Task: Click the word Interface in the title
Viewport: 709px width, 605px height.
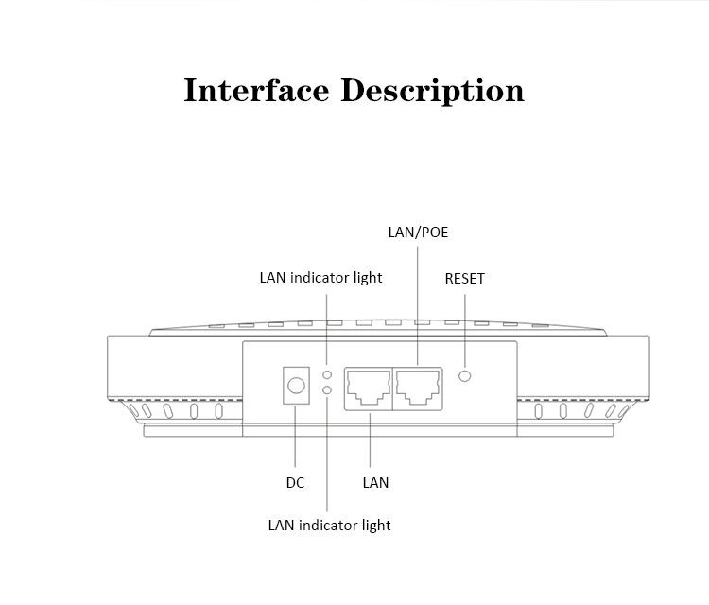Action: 256,90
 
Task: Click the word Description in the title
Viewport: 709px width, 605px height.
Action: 432,92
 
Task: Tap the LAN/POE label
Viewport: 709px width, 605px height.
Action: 418,233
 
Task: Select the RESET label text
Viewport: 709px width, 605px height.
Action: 465,279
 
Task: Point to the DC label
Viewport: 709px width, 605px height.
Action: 295,483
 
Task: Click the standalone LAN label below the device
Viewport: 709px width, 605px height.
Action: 375,483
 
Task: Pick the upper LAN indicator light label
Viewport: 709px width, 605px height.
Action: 320,278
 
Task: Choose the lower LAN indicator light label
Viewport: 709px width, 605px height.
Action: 329,526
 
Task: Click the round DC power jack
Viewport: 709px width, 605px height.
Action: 296,386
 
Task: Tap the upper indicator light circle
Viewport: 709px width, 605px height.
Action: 327,375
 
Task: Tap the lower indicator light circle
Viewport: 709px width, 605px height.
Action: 327,389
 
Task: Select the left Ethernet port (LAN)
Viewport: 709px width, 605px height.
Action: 369,389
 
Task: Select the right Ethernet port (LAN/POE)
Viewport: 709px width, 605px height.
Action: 418,389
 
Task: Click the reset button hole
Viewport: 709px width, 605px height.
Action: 464,375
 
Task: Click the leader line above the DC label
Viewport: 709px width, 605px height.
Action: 295,437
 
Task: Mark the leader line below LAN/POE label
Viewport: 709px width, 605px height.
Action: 417,305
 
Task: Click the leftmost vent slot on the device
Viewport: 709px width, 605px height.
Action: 134,410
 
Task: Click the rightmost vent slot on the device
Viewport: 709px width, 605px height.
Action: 625,410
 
